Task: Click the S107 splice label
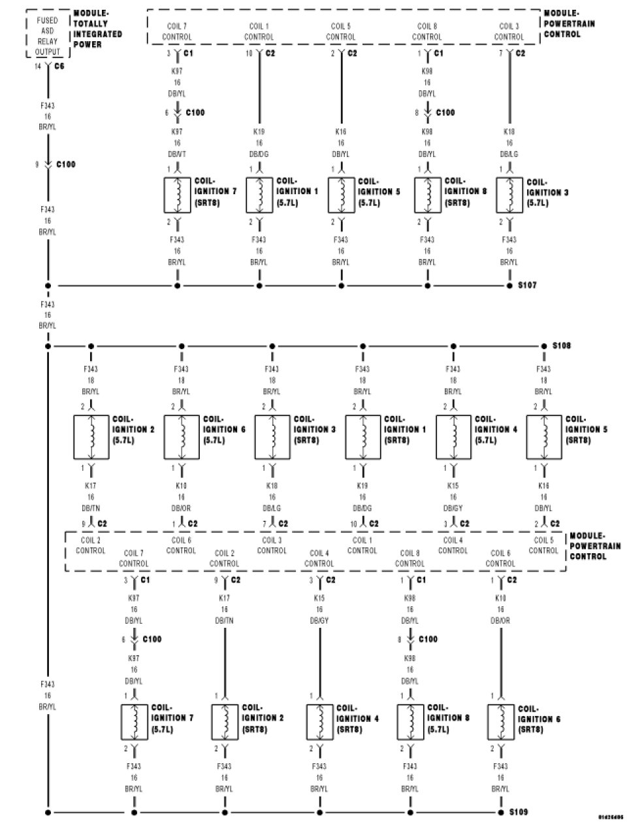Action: click(527, 286)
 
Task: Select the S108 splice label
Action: click(561, 345)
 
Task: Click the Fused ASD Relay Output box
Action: click(48, 36)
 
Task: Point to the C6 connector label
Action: click(58, 66)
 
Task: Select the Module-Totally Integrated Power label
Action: click(97, 29)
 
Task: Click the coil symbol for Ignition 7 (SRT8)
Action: click(177, 195)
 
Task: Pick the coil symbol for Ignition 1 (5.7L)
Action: click(259, 195)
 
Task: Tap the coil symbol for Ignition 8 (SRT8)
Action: click(427, 195)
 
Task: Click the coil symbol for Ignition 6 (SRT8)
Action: click(501, 721)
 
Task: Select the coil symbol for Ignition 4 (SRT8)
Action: click(320, 721)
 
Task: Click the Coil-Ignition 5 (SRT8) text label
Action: click(586, 430)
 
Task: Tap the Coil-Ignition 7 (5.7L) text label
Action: click(172, 717)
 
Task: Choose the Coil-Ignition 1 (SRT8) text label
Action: click(404, 430)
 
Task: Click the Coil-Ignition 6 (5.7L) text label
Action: click(223, 430)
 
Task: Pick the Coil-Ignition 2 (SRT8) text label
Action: click(263, 717)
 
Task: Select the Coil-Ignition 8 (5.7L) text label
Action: click(448, 717)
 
